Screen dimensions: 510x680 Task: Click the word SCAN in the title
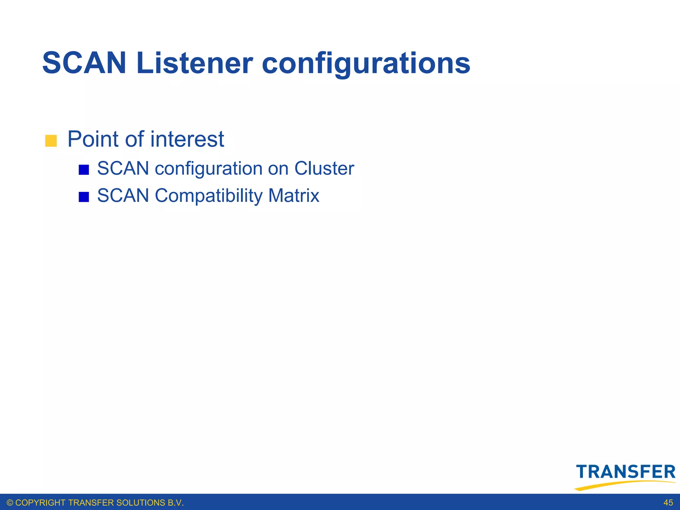tap(84, 63)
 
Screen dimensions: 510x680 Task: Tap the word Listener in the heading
tap(195, 63)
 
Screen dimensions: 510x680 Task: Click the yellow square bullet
tap(51, 141)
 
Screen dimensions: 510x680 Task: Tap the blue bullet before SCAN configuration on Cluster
tap(84, 170)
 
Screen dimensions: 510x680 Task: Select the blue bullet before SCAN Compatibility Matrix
tap(84, 197)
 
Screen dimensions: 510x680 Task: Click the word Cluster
tap(324, 168)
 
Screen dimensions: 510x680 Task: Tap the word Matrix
tap(294, 195)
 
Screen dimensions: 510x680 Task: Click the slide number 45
tap(668, 503)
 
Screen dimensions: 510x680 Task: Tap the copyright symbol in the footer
tap(10, 503)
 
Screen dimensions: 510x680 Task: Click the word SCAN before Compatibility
tap(123, 195)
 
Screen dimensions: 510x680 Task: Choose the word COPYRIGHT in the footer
tap(41, 503)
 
